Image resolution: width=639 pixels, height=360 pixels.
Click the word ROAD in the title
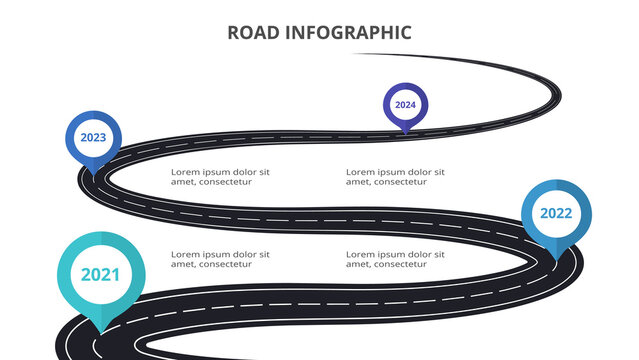pyautogui.click(x=251, y=33)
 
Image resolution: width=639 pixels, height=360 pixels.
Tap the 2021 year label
pyautogui.click(x=100, y=274)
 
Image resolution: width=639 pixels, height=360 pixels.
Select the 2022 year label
pyautogui.click(x=556, y=213)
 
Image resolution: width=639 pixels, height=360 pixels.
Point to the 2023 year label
pyautogui.click(x=93, y=138)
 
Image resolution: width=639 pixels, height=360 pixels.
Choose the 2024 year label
pyautogui.click(x=405, y=104)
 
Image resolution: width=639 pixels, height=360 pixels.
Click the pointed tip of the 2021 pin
pyautogui.click(x=100, y=332)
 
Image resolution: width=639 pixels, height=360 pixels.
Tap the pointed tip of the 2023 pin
pyautogui.click(x=93, y=177)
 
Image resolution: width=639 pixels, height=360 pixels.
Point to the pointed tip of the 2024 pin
pyautogui.click(x=405, y=133)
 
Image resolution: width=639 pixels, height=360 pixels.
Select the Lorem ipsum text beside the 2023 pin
pyautogui.click(x=220, y=177)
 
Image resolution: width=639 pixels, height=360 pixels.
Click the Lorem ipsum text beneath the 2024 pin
pyautogui.click(x=395, y=177)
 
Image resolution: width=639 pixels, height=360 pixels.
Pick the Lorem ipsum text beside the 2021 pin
pyautogui.click(x=220, y=259)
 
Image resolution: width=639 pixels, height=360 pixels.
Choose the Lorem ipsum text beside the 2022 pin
pyautogui.click(x=395, y=259)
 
